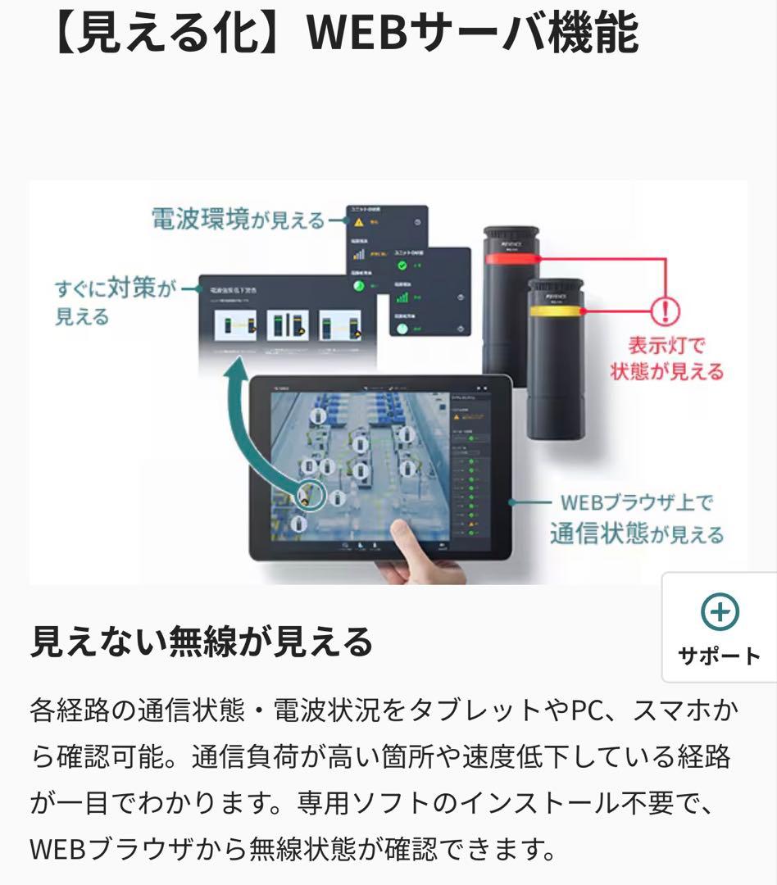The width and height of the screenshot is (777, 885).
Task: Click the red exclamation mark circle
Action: (x=665, y=311)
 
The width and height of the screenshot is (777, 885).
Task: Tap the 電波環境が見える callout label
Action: (x=238, y=219)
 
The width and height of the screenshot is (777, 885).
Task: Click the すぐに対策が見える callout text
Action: (x=115, y=302)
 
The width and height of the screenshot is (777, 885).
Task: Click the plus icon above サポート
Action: (x=720, y=612)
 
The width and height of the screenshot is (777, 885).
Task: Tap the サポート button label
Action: (x=720, y=656)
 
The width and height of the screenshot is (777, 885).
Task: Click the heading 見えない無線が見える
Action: (x=202, y=642)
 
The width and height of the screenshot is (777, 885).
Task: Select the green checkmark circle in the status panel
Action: (x=402, y=266)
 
